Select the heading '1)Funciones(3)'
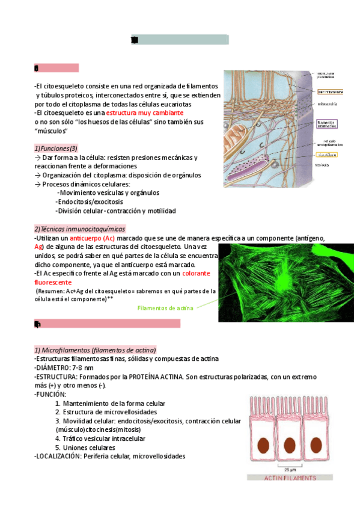tap(56, 149)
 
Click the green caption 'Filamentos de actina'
tap(165, 309)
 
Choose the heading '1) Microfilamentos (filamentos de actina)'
tap(95, 350)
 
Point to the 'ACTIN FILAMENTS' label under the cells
tap(290, 478)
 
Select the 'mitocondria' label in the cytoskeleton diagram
tap(327, 104)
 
